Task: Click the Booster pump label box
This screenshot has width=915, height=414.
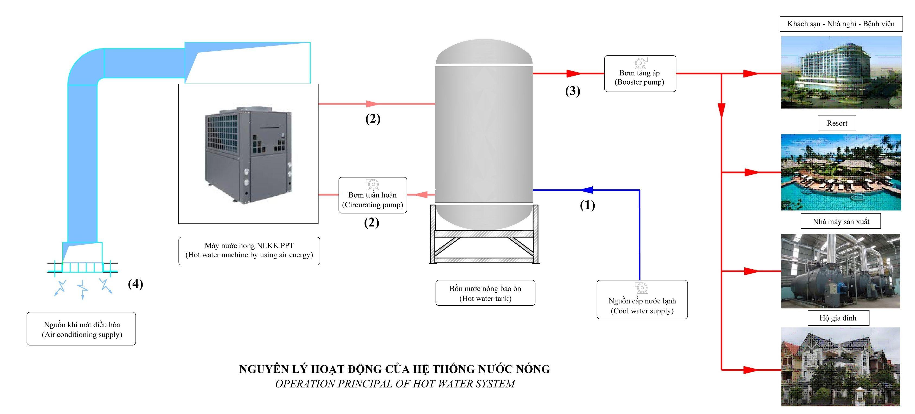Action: click(x=640, y=73)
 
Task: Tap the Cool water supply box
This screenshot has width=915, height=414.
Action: click(x=642, y=300)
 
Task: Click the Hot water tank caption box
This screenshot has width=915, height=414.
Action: click(x=485, y=293)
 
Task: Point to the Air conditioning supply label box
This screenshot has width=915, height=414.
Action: click(x=81, y=329)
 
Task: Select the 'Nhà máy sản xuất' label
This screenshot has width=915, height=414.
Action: click(x=840, y=221)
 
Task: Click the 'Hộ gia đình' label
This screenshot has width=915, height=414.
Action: click(x=838, y=318)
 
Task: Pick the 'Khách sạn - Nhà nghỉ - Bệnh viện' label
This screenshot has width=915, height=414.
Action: click(x=841, y=24)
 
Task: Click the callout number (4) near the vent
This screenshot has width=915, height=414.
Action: click(x=135, y=284)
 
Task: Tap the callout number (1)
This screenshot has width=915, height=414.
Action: click(x=587, y=205)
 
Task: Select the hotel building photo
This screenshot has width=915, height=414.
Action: click(x=841, y=72)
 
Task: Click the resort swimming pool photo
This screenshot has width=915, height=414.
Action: click(x=841, y=172)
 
